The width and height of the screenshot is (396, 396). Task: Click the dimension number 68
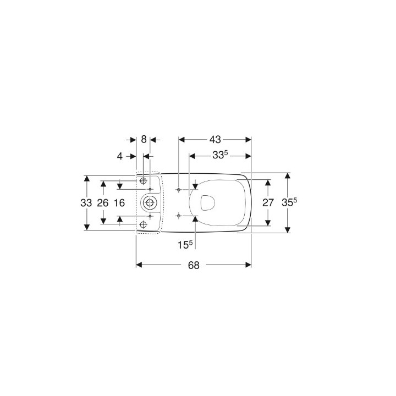193,265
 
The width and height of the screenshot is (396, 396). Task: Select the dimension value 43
215,140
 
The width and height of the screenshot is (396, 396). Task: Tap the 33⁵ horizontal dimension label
219,156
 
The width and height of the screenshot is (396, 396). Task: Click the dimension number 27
268,202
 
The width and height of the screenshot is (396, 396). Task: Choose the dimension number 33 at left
86,202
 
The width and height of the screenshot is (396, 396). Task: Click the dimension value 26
103,202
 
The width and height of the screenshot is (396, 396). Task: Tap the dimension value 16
119,202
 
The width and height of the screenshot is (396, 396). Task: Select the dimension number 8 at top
144,140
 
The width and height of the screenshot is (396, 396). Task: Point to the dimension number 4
120,156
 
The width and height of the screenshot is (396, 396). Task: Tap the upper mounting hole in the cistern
144,181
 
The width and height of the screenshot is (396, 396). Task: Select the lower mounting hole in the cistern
144,224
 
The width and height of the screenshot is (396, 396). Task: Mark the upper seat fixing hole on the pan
179,189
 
